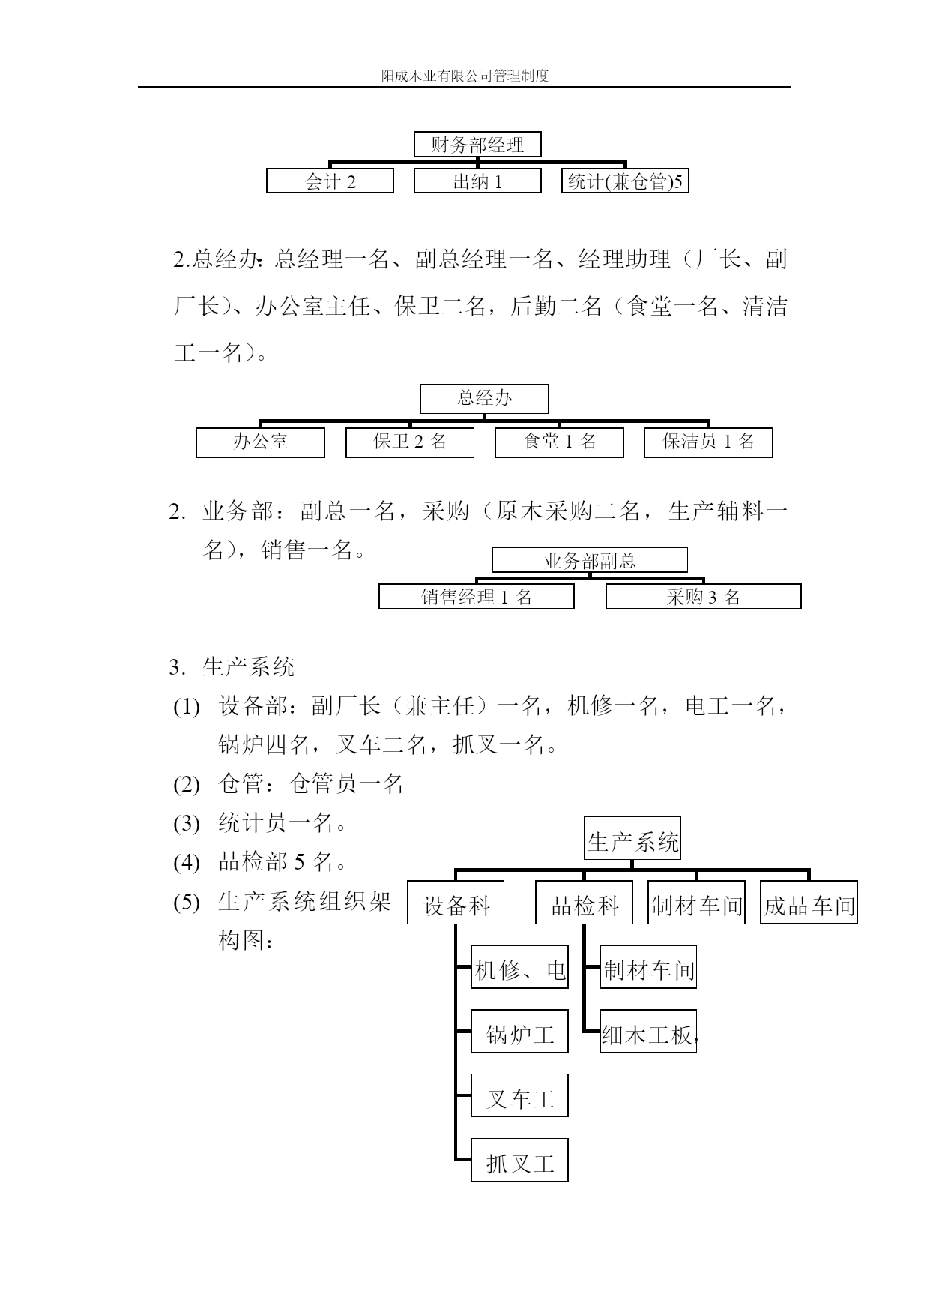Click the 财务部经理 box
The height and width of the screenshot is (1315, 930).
(477, 145)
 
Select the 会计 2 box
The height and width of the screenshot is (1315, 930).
(330, 181)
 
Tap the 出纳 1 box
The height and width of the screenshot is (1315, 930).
(477, 181)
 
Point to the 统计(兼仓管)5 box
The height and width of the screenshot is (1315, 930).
(625, 181)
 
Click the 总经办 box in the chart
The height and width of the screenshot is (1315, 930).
(484, 399)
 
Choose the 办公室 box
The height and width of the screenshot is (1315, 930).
(261, 442)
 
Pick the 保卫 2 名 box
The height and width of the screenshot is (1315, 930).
(410, 442)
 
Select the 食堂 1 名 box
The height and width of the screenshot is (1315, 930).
(559, 442)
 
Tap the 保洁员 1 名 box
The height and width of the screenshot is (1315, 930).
(708, 442)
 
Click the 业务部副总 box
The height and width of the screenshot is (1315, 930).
(590, 560)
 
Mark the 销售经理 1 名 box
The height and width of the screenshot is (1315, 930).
(477, 597)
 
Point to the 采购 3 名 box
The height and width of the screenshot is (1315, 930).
(704, 597)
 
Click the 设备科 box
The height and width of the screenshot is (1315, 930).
(456, 903)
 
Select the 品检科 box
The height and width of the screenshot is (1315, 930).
(584, 903)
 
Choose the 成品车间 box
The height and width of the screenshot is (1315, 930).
(809, 903)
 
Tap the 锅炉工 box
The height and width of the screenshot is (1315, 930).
(520, 1032)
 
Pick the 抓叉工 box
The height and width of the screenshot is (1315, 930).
(520, 1160)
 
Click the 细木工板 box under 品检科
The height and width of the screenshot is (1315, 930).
(648, 1032)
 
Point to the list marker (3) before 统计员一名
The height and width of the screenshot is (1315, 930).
(187, 824)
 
